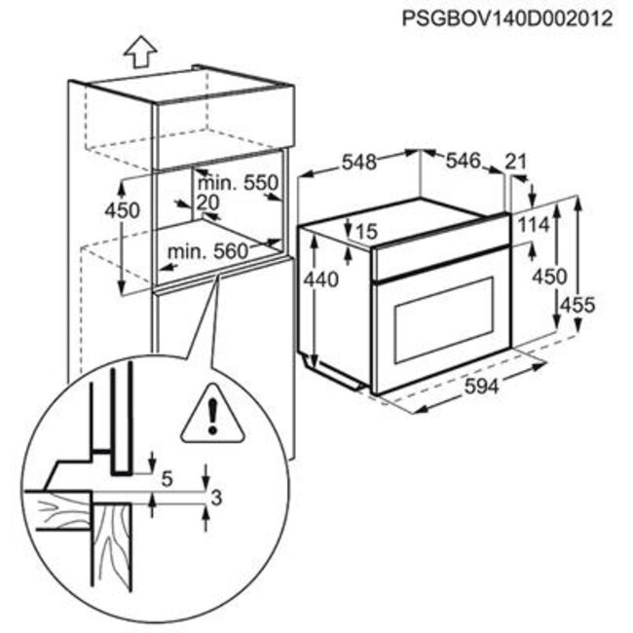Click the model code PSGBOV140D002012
(x=507, y=19)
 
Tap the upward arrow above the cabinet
(x=140, y=52)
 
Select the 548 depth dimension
(x=359, y=162)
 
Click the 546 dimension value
(x=464, y=161)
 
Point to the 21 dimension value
(x=516, y=162)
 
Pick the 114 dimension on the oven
(x=534, y=225)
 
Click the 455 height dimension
(x=578, y=305)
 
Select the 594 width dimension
(x=482, y=387)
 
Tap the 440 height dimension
(x=321, y=279)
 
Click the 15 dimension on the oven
(x=366, y=232)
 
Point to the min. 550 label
(x=238, y=183)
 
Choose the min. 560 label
(x=207, y=252)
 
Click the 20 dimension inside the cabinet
(x=207, y=203)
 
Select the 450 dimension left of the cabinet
(x=122, y=210)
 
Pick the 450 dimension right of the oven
(x=550, y=278)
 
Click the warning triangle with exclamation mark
(x=212, y=415)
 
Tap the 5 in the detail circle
(x=167, y=479)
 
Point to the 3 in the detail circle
(x=216, y=499)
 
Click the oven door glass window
(x=444, y=320)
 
